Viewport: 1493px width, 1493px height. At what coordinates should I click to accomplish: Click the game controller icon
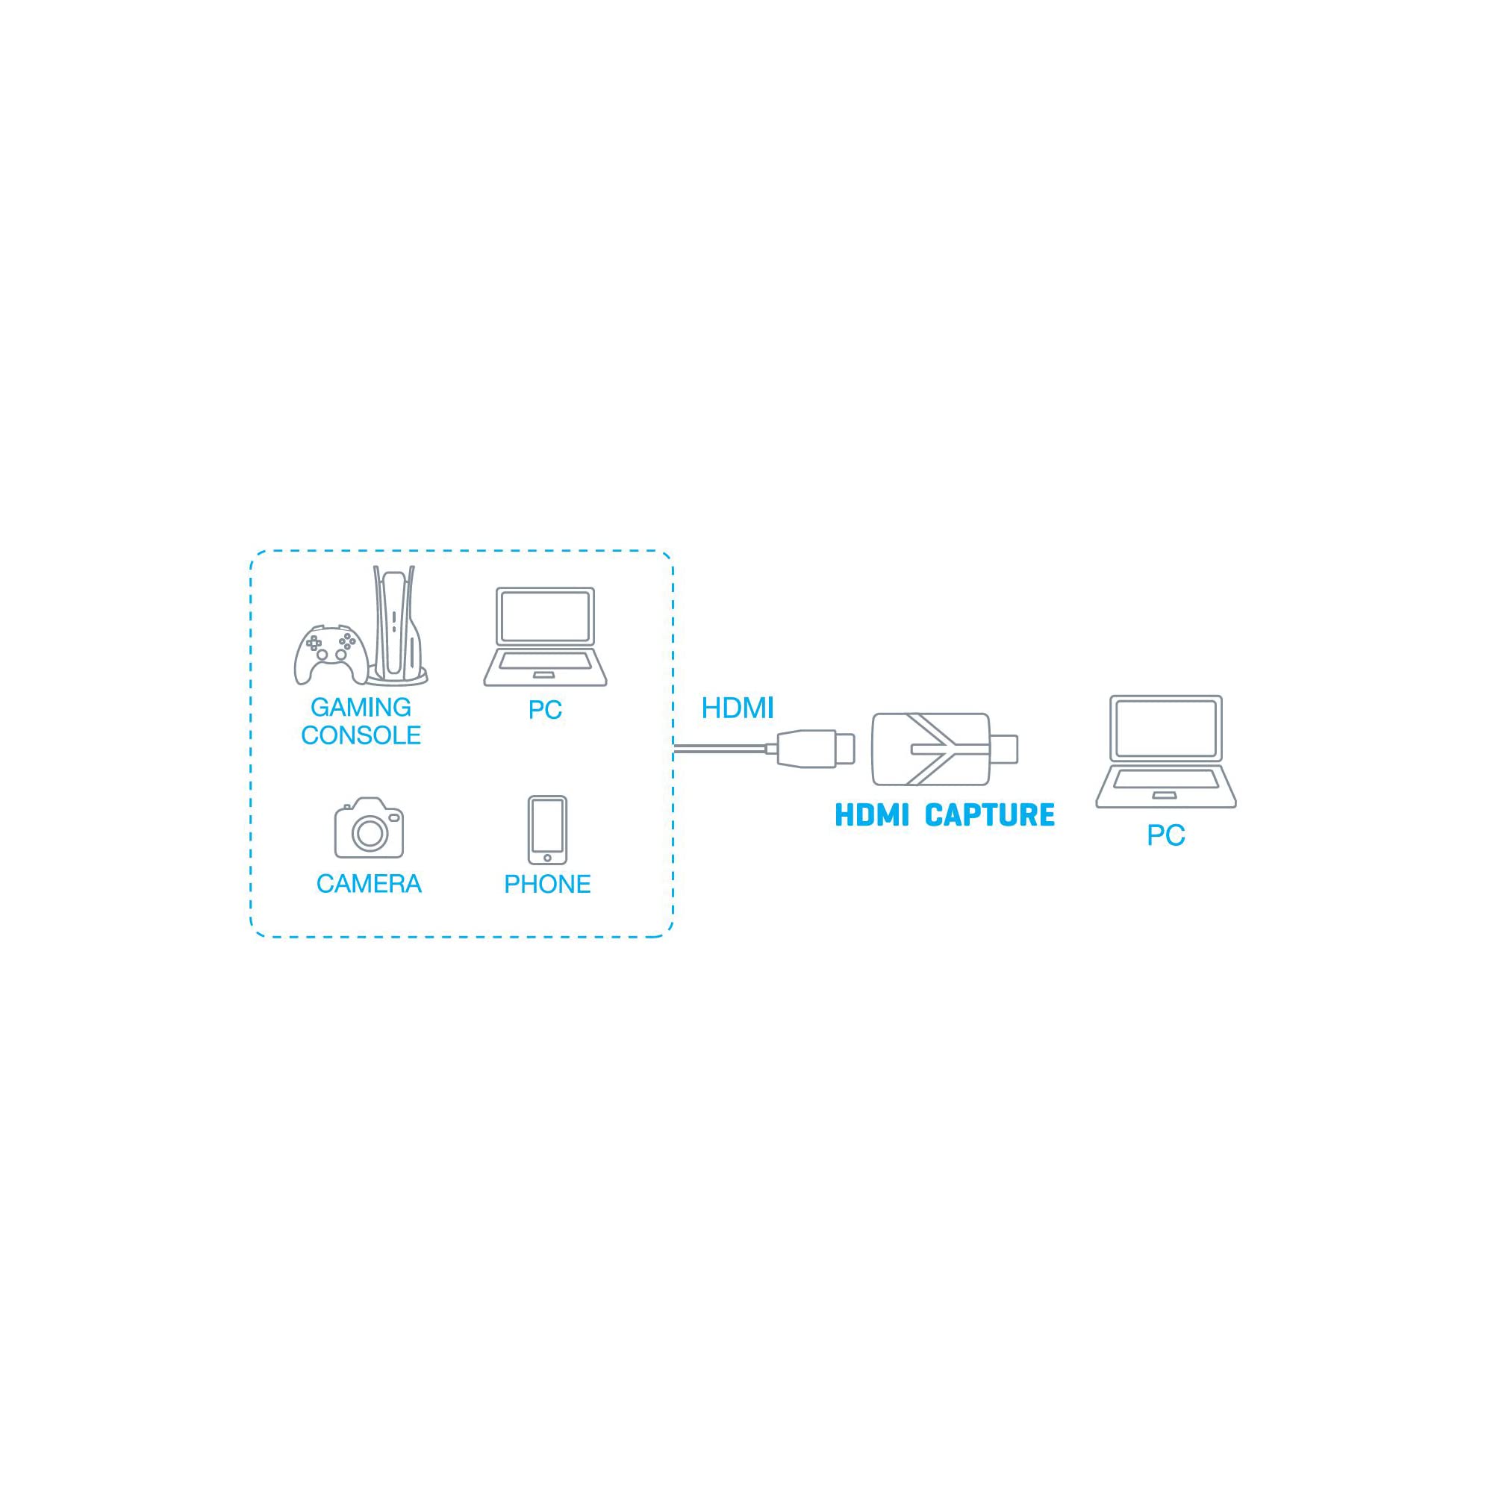coord(331,655)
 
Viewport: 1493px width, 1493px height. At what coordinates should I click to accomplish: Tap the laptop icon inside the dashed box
coord(545,637)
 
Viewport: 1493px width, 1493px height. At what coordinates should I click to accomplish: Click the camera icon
coord(369,828)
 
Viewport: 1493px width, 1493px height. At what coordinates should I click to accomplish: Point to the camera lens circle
coord(370,832)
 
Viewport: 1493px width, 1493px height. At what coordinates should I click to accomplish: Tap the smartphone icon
coord(547,831)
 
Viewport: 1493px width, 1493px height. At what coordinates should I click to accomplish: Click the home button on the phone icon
coord(547,858)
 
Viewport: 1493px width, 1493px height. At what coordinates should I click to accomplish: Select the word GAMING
coord(361,707)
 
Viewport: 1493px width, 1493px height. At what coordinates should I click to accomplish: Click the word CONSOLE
coord(361,735)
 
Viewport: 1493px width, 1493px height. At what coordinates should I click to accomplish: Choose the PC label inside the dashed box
coord(545,710)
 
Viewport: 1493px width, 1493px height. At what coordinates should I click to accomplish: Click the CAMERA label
coord(369,884)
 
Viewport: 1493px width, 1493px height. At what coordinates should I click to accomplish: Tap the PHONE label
coord(547,884)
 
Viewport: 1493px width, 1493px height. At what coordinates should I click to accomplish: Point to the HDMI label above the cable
coord(738,708)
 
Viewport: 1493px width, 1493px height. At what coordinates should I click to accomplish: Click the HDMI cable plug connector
coord(816,749)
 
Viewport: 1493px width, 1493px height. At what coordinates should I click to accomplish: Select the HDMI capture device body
coord(930,749)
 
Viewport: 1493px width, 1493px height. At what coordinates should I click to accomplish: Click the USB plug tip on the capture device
coord(1004,749)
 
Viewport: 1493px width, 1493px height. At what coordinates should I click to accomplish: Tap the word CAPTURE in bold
coord(989,815)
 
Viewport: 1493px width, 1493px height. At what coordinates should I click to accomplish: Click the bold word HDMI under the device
coord(872,815)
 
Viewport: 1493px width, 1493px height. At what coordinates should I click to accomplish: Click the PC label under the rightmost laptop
coord(1166,835)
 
